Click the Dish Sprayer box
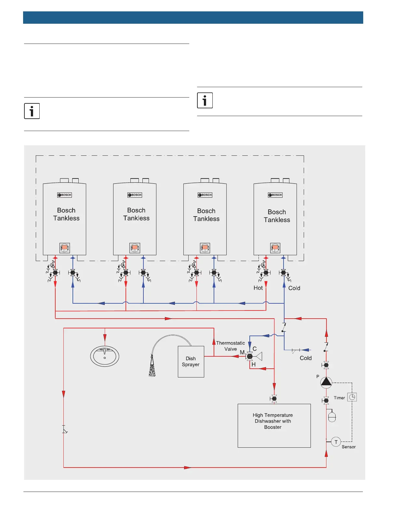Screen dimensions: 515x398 tap(191, 362)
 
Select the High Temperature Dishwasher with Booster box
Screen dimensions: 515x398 tap(274, 426)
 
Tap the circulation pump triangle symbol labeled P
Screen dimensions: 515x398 tap(326, 382)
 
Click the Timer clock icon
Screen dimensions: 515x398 tap(352, 397)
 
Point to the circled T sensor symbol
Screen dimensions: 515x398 tap(336, 442)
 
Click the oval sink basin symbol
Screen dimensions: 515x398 tap(105, 356)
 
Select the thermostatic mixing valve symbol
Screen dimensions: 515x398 tap(250, 356)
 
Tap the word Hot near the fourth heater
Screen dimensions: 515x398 tap(258, 288)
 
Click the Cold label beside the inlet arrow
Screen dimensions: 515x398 tap(306, 358)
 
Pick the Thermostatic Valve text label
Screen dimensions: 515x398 tap(231, 346)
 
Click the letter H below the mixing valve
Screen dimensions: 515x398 tap(254, 364)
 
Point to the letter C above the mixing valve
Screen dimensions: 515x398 tap(255, 349)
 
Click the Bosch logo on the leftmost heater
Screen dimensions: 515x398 tap(65, 195)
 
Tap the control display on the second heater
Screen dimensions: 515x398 tap(135, 248)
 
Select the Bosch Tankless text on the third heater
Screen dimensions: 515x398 tap(206, 215)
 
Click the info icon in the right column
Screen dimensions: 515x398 tap(205, 100)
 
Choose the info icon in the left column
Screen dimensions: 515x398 tap(32, 111)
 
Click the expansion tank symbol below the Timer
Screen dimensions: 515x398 tap(332, 417)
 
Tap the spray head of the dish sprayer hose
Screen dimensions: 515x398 tap(152, 369)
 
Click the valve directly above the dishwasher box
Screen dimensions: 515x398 tap(274, 398)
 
